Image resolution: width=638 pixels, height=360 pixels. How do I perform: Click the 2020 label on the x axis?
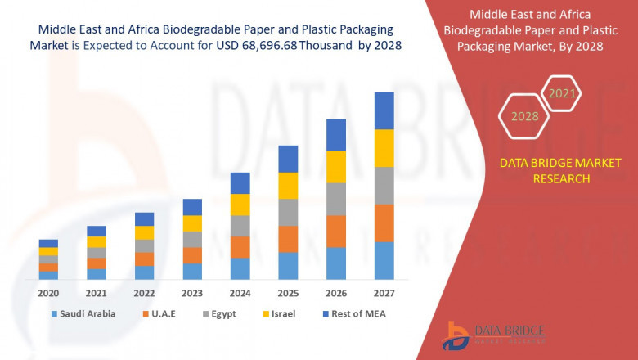(x=48, y=293)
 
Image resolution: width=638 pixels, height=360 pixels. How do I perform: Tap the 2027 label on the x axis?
(x=384, y=293)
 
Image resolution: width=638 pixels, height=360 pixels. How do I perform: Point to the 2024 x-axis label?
(x=240, y=293)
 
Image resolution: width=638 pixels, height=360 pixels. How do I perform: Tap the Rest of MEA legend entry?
(x=355, y=313)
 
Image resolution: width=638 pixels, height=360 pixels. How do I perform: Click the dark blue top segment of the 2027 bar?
(x=384, y=110)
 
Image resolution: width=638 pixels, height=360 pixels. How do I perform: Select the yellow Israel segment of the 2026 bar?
(x=336, y=167)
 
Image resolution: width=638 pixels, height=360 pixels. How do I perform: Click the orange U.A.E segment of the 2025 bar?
(x=288, y=239)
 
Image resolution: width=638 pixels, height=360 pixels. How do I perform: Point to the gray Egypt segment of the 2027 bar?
(x=384, y=186)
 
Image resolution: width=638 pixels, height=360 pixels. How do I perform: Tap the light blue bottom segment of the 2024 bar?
(x=240, y=268)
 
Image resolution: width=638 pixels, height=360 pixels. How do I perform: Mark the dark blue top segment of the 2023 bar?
(x=192, y=207)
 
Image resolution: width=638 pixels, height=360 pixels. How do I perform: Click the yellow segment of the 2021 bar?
(x=97, y=242)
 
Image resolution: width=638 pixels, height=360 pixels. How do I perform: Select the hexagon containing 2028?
(x=524, y=117)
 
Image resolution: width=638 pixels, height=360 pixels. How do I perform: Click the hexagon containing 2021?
(x=562, y=94)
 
